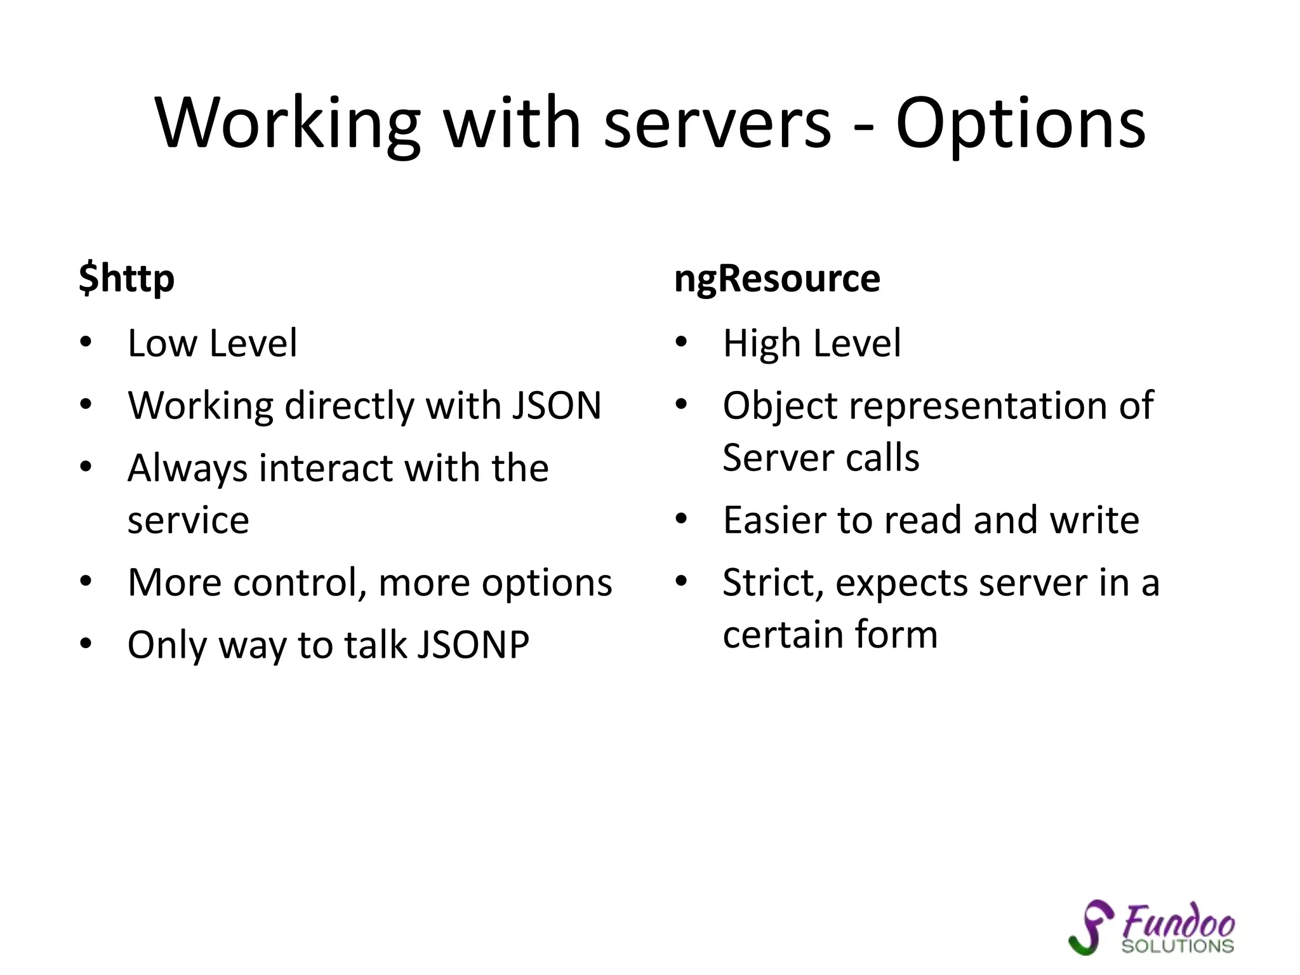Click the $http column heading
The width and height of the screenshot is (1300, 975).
pyautogui.click(x=126, y=279)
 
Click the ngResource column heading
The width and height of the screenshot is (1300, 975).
pyautogui.click(x=777, y=279)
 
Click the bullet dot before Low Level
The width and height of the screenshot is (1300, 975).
pyautogui.click(x=86, y=343)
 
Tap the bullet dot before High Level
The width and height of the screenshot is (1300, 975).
pyautogui.click(x=681, y=343)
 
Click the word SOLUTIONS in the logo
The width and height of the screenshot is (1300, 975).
pyautogui.click(x=1177, y=946)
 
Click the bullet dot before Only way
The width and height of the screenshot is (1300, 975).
pyautogui.click(x=86, y=644)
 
